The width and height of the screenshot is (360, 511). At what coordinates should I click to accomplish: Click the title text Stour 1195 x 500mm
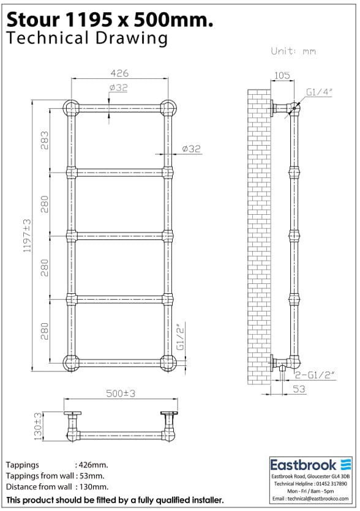pos(110,20)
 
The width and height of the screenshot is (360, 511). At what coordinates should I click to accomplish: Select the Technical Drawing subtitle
pos(86,39)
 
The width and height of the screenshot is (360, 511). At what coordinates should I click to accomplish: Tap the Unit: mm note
pos(293,51)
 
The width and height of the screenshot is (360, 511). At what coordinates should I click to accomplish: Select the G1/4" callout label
pos(319,92)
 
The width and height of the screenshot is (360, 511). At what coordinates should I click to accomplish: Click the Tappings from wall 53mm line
pos(55,476)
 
